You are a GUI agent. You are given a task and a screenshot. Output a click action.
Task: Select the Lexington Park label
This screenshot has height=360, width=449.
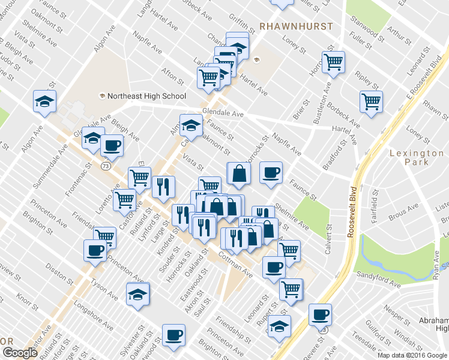pos(417,157)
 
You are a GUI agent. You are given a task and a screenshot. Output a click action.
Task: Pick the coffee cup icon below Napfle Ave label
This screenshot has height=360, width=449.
pos(271,173)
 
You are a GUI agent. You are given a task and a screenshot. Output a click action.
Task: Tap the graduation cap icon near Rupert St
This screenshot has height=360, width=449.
pos(279,326)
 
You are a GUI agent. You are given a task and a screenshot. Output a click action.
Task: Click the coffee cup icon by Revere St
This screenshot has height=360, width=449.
pos(320,314)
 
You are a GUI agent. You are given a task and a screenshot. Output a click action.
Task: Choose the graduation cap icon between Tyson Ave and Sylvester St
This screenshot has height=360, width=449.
pos(137,294)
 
